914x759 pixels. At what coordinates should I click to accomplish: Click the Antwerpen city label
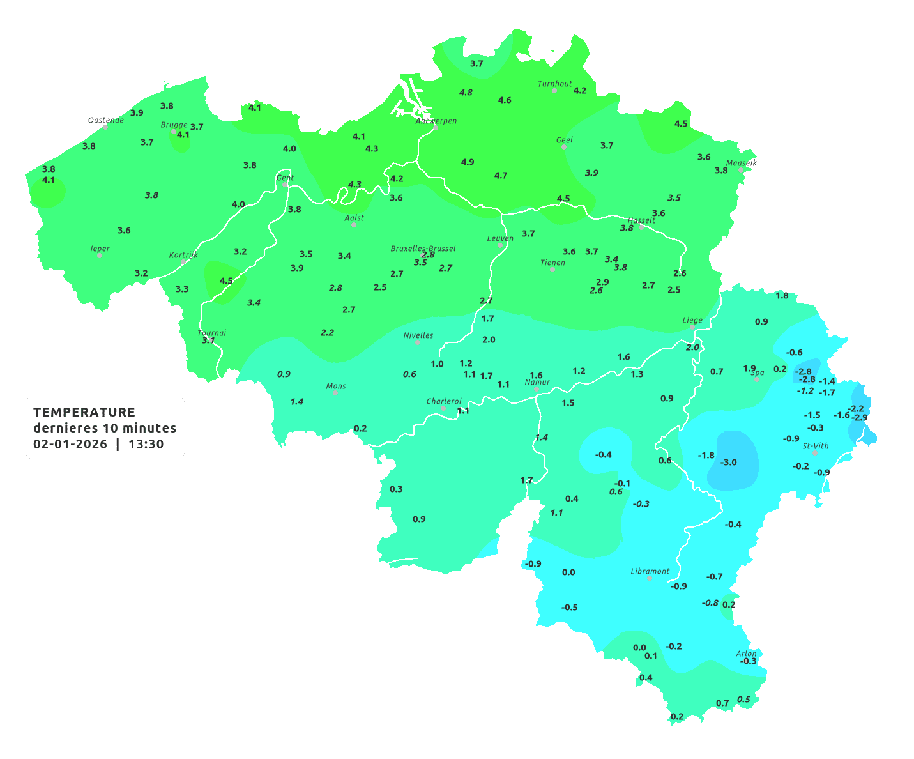(x=436, y=121)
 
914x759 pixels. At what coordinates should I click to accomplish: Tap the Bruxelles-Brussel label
(x=423, y=248)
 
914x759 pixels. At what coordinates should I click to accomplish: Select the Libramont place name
(x=650, y=571)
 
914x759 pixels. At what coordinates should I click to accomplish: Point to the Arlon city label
(x=745, y=653)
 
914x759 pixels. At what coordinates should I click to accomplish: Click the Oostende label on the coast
(x=105, y=120)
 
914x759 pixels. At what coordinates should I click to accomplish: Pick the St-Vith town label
(x=815, y=446)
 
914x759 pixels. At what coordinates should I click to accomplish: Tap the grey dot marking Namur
(x=537, y=389)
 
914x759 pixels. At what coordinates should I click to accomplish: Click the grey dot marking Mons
(x=335, y=393)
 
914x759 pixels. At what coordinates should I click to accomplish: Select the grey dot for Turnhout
(x=554, y=91)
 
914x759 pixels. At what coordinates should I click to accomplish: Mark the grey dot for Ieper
(x=100, y=255)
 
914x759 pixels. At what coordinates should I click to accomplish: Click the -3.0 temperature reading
(x=728, y=462)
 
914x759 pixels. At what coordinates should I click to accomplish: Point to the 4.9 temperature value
(x=468, y=162)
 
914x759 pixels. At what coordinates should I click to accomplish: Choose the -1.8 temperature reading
(x=706, y=455)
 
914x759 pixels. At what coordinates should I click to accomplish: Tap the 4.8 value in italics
(x=466, y=92)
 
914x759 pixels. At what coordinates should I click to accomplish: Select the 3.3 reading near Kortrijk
(x=182, y=289)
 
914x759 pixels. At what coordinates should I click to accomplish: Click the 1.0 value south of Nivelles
(x=437, y=364)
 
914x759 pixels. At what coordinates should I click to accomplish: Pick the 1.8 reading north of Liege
(x=782, y=295)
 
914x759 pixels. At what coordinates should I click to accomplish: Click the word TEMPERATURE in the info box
(x=84, y=412)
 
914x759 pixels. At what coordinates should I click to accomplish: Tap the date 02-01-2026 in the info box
(x=70, y=444)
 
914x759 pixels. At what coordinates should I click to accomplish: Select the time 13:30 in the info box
(x=146, y=444)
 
